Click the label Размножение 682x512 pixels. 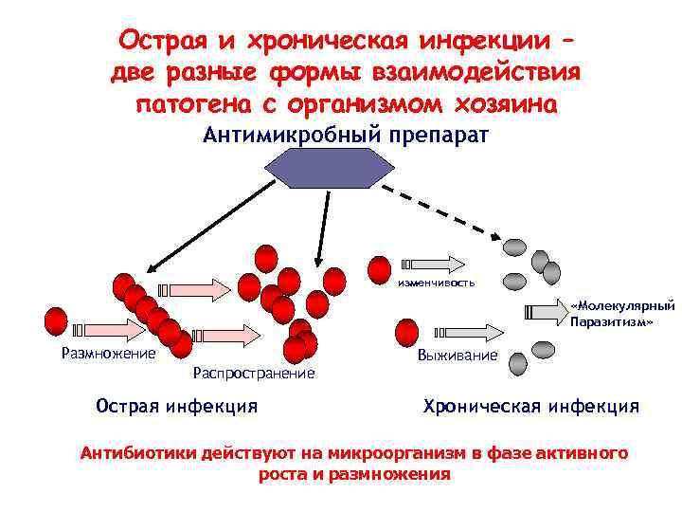(x=107, y=354)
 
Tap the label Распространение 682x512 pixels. (x=253, y=374)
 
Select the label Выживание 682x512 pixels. (x=457, y=355)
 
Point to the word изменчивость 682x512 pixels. (x=437, y=283)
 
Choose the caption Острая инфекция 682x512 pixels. (x=177, y=407)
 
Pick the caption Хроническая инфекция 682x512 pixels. (x=530, y=407)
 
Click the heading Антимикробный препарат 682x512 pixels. (x=346, y=135)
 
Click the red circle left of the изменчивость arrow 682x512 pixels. (x=380, y=269)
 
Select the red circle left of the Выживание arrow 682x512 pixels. (x=406, y=333)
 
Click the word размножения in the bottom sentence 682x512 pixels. (x=394, y=473)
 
